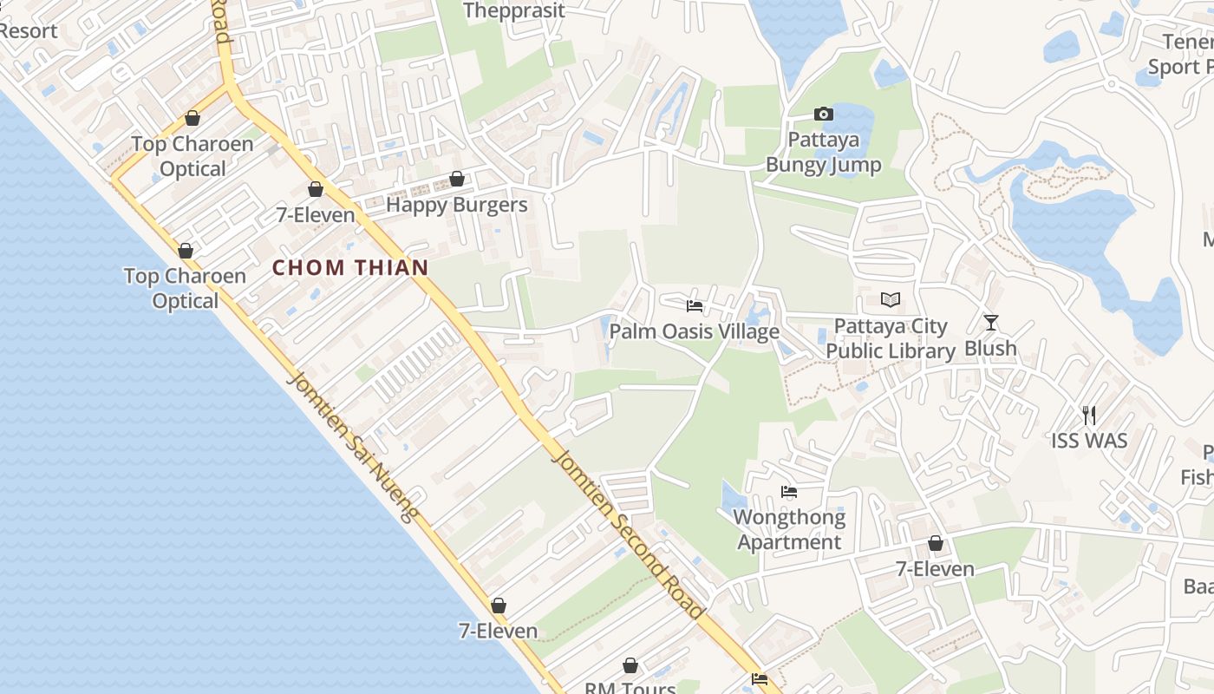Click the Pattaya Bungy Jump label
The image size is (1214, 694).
click(x=823, y=152)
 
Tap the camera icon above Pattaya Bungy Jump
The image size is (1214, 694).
click(x=824, y=114)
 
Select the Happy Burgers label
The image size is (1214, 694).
click(x=456, y=205)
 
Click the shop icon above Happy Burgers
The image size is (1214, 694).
click(x=457, y=179)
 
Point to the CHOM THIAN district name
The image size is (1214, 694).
click(x=350, y=267)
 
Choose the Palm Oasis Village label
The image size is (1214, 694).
click(x=694, y=331)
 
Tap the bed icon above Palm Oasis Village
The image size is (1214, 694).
click(x=695, y=305)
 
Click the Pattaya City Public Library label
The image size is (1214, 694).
click(x=891, y=338)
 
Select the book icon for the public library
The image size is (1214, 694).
click(x=891, y=300)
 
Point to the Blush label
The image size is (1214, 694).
click(x=990, y=348)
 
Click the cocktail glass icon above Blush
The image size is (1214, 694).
click(x=991, y=323)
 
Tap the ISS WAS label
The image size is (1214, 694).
click(x=1089, y=441)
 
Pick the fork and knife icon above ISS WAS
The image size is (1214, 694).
click(x=1089, y=415)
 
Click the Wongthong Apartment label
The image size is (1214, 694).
click(x=789, y=530)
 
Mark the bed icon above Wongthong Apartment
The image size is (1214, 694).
click(x=789, y=492)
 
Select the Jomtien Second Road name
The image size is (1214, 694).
click(x=628, y=534)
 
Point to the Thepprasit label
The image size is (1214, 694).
click(x=514, y=10)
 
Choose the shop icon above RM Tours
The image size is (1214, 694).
click(x=630, y=665)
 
